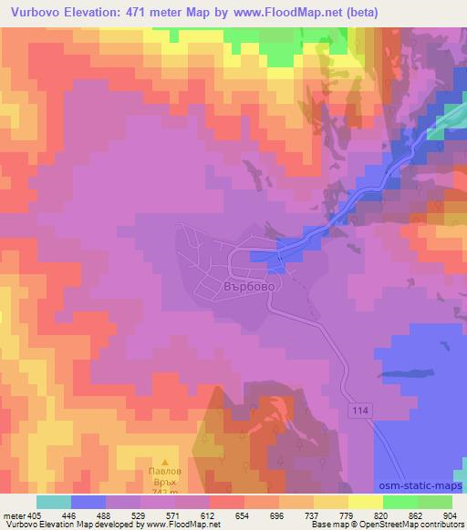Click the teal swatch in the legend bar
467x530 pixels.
[x=54, y=502]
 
